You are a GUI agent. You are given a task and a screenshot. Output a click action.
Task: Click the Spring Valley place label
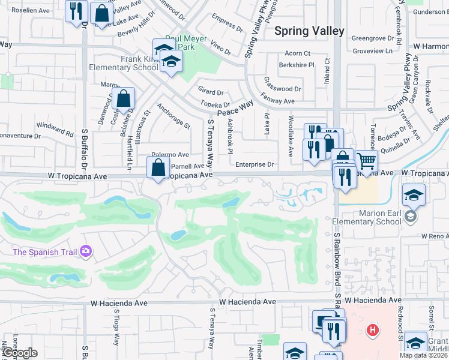[309, 31]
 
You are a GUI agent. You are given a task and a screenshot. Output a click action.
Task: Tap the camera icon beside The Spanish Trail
[86, 251]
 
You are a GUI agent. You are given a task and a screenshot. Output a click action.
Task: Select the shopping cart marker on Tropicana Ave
[366, 160]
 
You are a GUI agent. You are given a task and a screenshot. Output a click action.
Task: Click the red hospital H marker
[373, 329]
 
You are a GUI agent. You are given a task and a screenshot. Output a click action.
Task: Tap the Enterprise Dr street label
[255, 164]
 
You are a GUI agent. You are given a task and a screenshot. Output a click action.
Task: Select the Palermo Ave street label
[170, 155]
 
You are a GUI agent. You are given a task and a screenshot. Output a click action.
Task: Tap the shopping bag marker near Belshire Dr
[123, 99]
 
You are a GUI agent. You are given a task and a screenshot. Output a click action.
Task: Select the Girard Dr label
[211, 92]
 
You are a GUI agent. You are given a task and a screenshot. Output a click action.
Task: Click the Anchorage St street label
[173, 117]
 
